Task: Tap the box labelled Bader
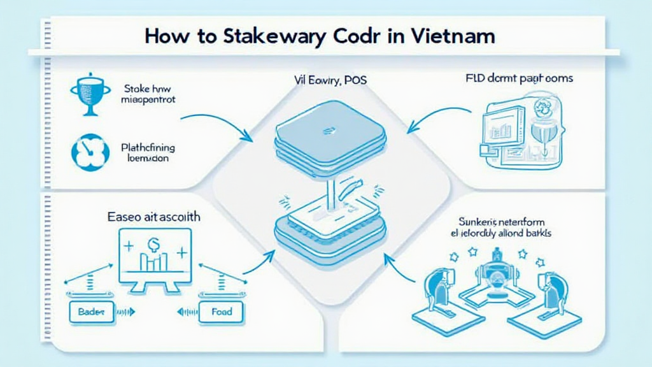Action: tap(89, 312)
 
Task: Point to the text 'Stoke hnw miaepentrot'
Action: tap(150, 94)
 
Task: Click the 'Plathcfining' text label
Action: tap(148, 147)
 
